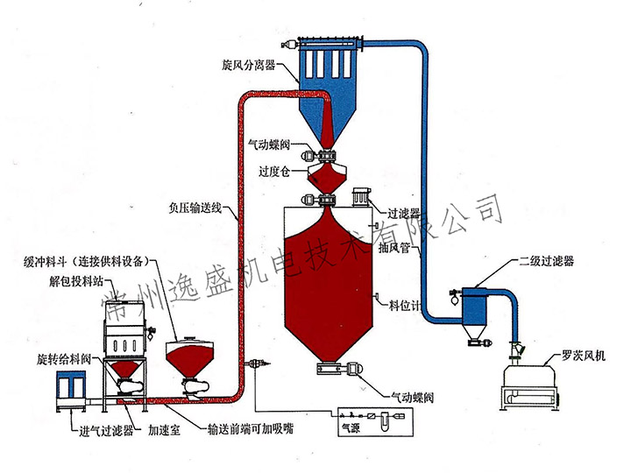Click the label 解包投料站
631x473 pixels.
point(53,283)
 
